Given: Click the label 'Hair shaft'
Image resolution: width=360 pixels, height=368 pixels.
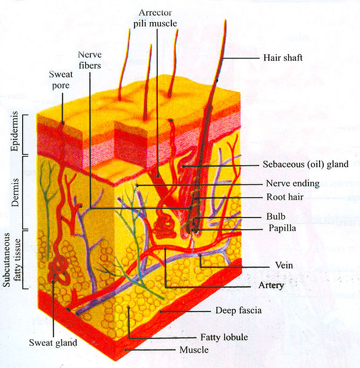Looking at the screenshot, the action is [283, 58].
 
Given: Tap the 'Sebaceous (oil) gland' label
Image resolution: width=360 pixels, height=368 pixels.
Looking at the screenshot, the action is [305, 164].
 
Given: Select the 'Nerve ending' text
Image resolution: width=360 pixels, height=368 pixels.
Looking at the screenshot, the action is [293, 183].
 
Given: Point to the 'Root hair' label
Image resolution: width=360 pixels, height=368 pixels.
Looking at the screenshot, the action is [285, 197].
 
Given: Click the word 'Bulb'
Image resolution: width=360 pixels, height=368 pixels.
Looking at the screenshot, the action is [276, 216].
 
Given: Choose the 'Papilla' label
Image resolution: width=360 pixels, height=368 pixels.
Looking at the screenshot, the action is [283, 228].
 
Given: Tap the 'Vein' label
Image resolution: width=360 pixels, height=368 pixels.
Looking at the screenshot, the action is [284, 265].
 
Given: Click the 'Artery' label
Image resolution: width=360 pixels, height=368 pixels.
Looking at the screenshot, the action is [272, 286].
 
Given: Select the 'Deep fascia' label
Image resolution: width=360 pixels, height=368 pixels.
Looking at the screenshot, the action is [238, 310].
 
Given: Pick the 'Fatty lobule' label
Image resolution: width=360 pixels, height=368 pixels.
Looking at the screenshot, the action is [224, 337].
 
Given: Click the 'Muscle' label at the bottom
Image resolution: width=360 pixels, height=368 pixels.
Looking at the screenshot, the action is [194, 350].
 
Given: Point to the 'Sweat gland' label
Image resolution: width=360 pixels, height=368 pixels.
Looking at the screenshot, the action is [53, 343].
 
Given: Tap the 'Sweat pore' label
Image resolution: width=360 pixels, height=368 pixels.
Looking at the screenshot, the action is [61, 80].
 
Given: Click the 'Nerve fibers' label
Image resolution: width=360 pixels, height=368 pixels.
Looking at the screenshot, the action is [90, 60].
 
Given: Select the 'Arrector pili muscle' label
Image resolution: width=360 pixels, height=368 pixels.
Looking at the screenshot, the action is [155, 18].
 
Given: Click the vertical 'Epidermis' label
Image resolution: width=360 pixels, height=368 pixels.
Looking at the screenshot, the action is [15, 131].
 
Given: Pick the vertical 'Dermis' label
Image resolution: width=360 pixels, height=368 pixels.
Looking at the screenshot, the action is [15, 192].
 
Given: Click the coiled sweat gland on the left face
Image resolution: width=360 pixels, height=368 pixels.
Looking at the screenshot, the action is [59, 270].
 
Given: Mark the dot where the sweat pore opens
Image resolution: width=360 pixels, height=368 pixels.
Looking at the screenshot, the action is [63, 123].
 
